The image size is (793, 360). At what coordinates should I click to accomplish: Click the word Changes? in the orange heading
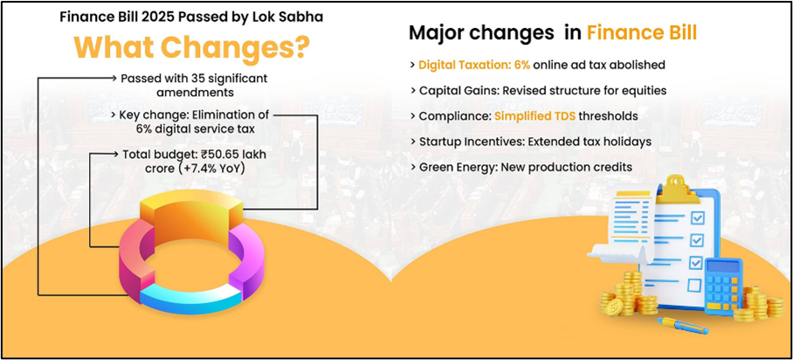point(238,47)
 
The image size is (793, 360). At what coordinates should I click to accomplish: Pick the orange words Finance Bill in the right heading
point(642,32)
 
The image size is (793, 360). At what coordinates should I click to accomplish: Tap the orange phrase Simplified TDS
point(534,116)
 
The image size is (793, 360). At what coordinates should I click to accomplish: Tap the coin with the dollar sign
point(615,307)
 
